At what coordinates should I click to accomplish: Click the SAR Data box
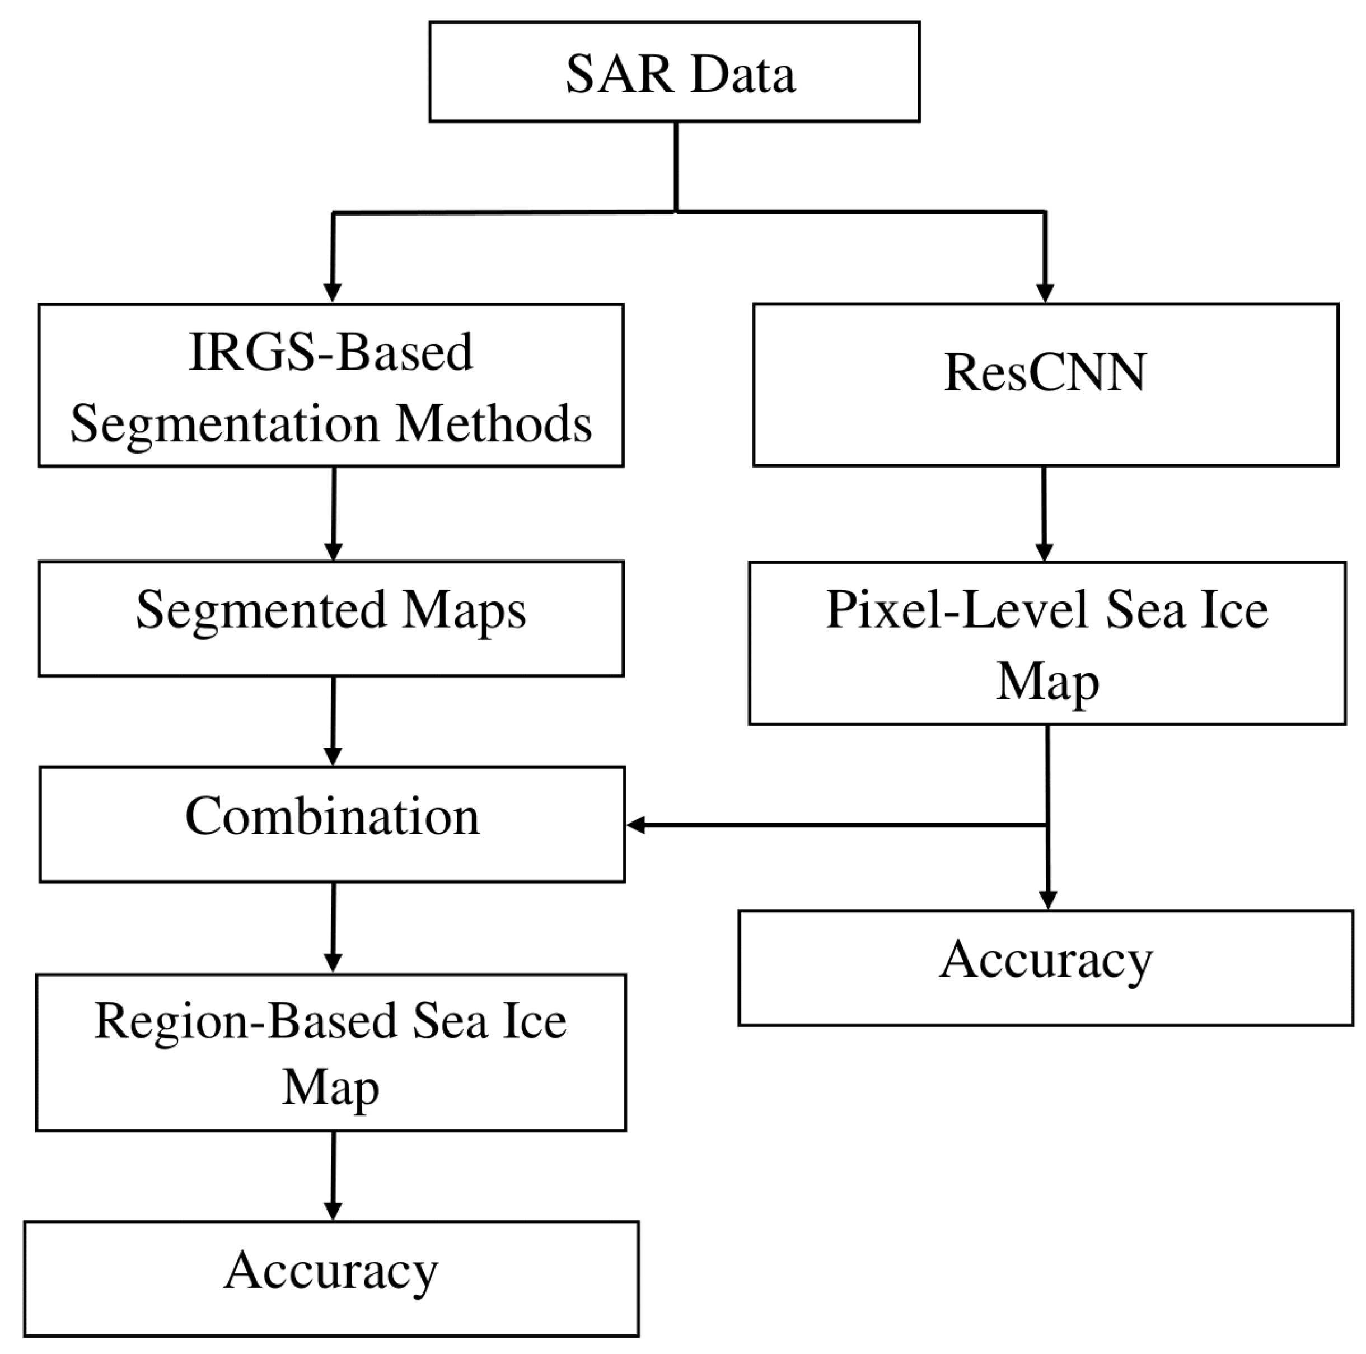pos(674,72)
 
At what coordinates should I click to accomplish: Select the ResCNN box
pos(1045,384)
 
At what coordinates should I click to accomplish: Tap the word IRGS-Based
pos(331,352)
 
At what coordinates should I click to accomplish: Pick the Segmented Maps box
pos(331,618)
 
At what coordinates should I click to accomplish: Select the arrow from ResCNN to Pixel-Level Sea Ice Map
pos(1044,512)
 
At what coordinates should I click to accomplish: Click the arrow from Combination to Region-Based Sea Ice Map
pos(333,926)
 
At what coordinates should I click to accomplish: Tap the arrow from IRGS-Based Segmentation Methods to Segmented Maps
pos(334,512)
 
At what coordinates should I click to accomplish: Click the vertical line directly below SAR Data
pos(676,166)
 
